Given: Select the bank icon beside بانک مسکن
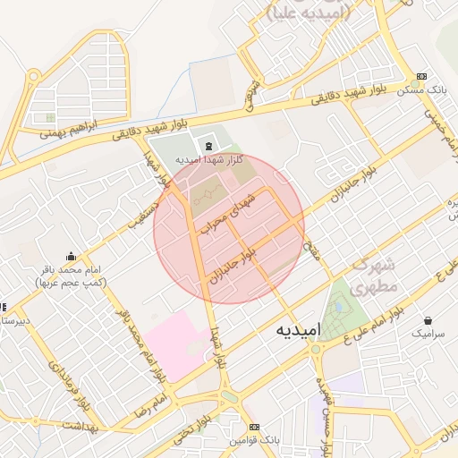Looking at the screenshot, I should point(422,77).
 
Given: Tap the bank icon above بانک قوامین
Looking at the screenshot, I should point(255,427).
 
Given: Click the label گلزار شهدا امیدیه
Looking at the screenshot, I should point(209,159).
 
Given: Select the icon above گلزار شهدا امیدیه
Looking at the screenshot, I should point(209,146).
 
